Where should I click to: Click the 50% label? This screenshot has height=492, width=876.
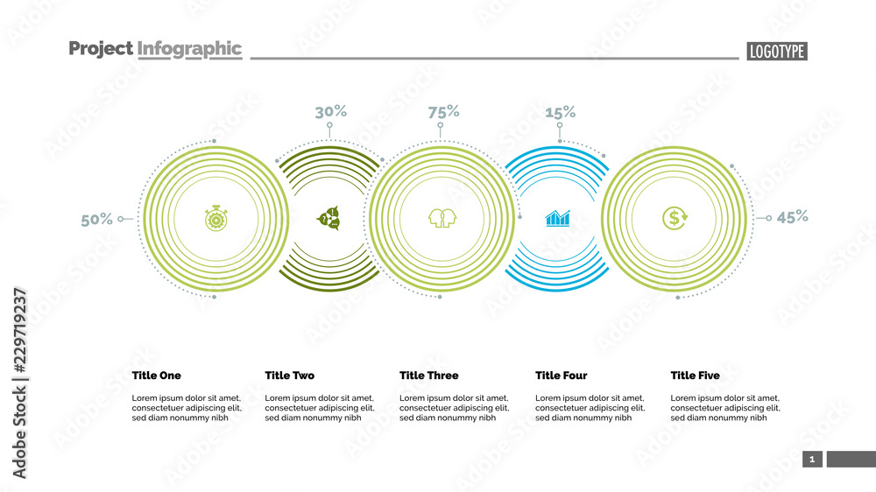pyautogui.click(x=97, y=220)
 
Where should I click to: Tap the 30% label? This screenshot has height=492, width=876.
pyautogui.click(x=330, y=111)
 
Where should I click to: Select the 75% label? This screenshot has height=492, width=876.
pyautogui.click(x=443, y=111)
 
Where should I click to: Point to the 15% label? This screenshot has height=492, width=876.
pyautogui.click(x=560, y=112)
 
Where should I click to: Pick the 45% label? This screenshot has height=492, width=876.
pyautogui.click(x=792, y=217)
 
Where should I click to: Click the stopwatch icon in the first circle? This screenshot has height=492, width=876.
pyautogui.click(x=215, y=218)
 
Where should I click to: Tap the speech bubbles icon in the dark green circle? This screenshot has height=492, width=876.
pyautogui.click(x=328, y=218)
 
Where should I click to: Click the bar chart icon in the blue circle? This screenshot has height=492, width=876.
pyautogui.click(x=558, y=218)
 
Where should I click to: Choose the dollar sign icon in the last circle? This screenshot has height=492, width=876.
pyautogui.click(x=675, y=218)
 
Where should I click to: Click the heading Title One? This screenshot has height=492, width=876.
pyautogui.click(x=157, y=376)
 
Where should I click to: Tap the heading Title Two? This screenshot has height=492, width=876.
pyautogui.click(x=289, y=376)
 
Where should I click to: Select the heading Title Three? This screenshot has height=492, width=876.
pyautogui.click(x=428, y=376)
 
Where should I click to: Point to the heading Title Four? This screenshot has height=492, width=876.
pyautogui.click(x=561, y=376)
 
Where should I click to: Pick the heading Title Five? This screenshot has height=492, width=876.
pyautogui.click(x=695, y=376)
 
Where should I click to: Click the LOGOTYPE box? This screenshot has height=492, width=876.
pyautogui.click(x=777, y=52)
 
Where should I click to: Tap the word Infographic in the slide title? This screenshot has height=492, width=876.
pyautogui.click(x=189, y=49)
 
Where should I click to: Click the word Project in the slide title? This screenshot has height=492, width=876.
pyautogui.click(x=101, y=49)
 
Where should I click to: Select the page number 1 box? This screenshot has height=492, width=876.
pyautogui.click(x=812, y=459)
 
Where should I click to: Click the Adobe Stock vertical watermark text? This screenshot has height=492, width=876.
pyautogui.click(x=19, y=383)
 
